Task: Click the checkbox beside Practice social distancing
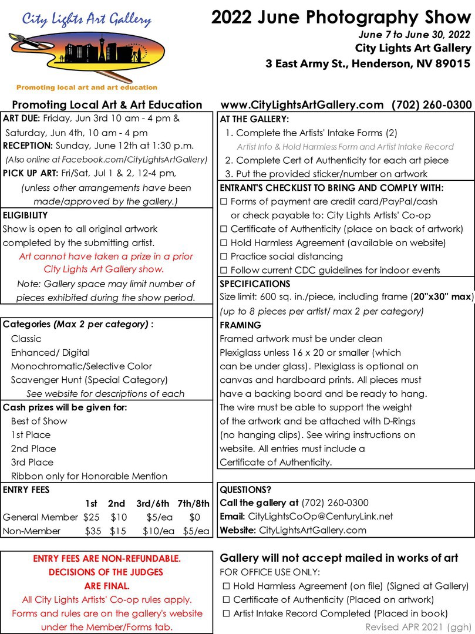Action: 224,257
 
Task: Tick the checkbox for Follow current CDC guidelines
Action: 224,271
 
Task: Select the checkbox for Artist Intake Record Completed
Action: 226,613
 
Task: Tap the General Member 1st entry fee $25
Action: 91,517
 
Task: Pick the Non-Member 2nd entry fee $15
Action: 119,531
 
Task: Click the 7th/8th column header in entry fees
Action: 193,503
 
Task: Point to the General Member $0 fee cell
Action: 195,517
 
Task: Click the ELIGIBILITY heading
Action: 24,215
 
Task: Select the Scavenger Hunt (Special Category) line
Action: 89,380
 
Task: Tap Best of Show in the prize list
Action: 39,421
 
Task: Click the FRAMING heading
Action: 240,325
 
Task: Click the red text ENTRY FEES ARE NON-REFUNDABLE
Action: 107,558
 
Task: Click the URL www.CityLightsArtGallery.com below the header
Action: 302,105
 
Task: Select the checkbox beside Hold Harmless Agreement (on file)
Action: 226,586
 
